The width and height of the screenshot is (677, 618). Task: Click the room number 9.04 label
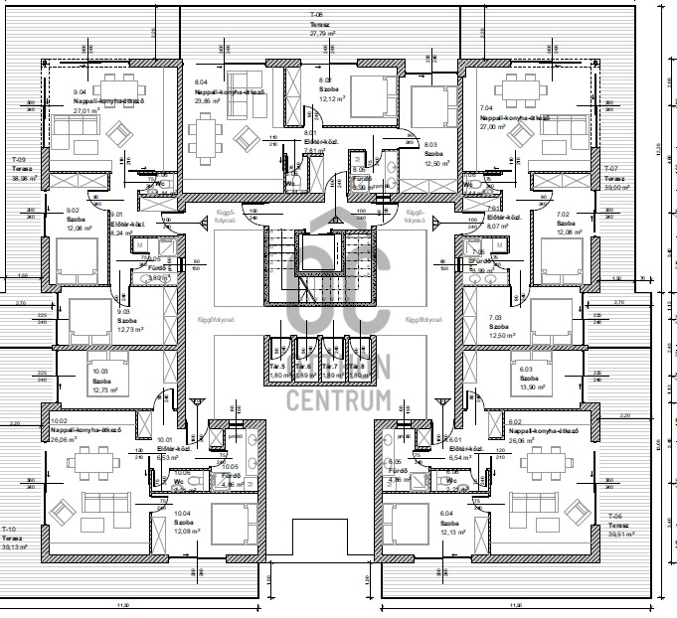82,91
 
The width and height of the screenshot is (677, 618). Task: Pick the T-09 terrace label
18,160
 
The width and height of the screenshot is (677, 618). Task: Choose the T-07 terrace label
611,168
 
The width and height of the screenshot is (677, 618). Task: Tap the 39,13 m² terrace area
16,546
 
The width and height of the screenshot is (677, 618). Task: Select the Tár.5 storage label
276,367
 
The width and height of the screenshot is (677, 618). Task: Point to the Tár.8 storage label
356,367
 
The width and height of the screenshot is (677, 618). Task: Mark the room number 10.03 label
99,371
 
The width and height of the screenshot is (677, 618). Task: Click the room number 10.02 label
58,420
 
